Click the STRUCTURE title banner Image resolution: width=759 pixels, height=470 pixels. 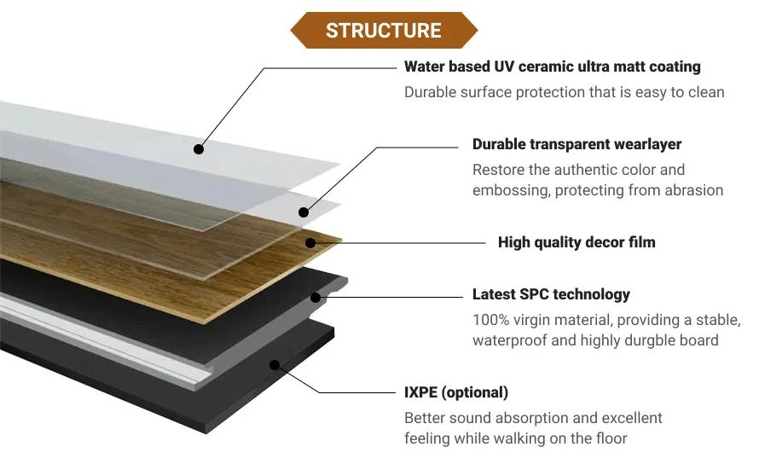[x=383, y=32]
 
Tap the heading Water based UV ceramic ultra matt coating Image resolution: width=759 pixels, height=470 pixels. [x=552, y=67]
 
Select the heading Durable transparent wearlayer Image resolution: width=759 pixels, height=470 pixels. [x=576, y=144]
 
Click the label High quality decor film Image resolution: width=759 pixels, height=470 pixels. [x=576, y=242]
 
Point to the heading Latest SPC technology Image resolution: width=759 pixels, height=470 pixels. [x=551, y=294]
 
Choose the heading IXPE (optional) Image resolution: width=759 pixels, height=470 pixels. [x=455, y=392]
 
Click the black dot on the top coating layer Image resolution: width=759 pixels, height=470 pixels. [x=199, y=148]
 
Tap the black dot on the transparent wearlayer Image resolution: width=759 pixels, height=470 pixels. [x=304, y=211]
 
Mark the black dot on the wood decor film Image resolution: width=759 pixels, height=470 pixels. [x=310, y=243]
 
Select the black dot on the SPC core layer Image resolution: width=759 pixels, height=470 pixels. [x=316, y=298]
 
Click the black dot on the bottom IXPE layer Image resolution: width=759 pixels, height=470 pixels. [x=275, y=365]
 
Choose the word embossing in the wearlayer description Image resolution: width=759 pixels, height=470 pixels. [x=510, y=190]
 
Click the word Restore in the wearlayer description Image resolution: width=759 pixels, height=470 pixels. [x=497, y=170]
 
